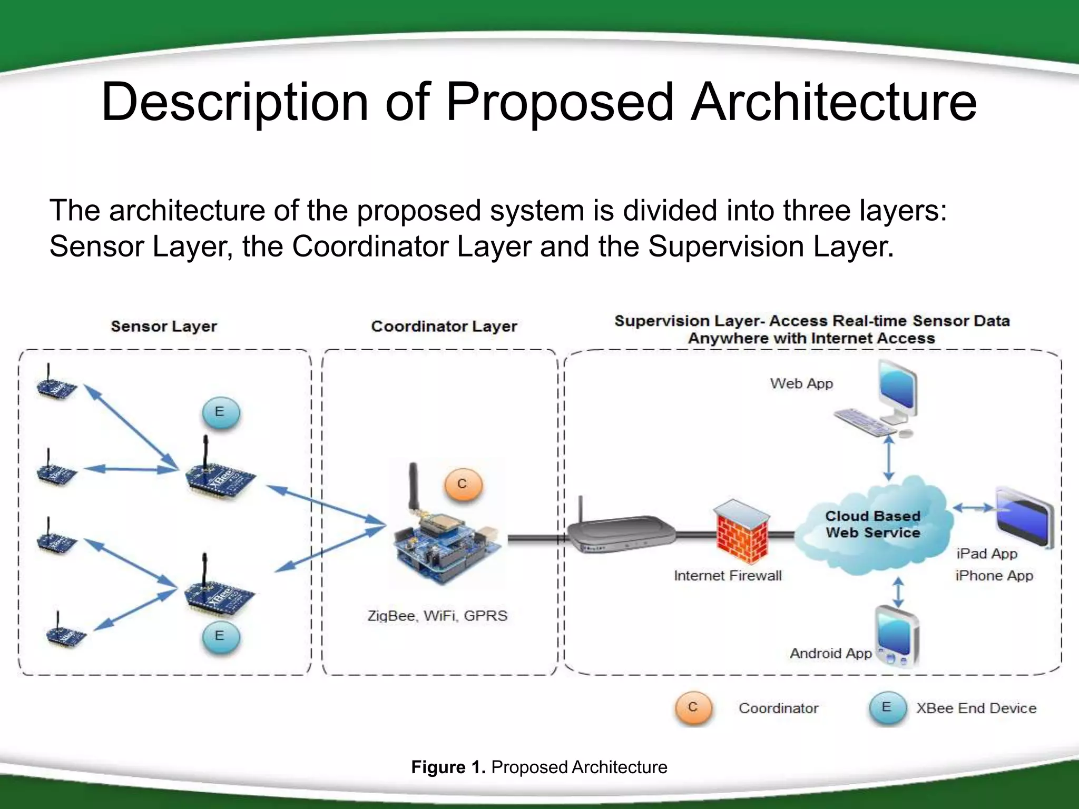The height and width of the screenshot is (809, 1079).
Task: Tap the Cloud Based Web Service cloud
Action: tap(872, 525)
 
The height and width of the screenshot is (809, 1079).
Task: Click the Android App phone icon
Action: tap(897, 637)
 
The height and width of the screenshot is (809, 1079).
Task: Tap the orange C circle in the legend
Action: tap(693, 707)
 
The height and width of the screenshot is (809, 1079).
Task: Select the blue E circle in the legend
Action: tap(887, 707)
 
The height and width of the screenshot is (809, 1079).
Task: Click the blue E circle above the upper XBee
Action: tap(220, 412)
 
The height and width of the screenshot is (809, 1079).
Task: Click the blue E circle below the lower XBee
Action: tap(220, 636)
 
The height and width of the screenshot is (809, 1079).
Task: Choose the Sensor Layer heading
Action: tap(164, 327)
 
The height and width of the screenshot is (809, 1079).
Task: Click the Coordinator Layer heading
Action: tap(444, 327)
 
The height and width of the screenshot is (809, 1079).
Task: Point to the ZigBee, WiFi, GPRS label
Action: tap(437, 616)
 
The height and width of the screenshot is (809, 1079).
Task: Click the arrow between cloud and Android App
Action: tap(898, 592)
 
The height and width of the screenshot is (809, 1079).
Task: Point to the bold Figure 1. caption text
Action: tap(448, 767)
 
